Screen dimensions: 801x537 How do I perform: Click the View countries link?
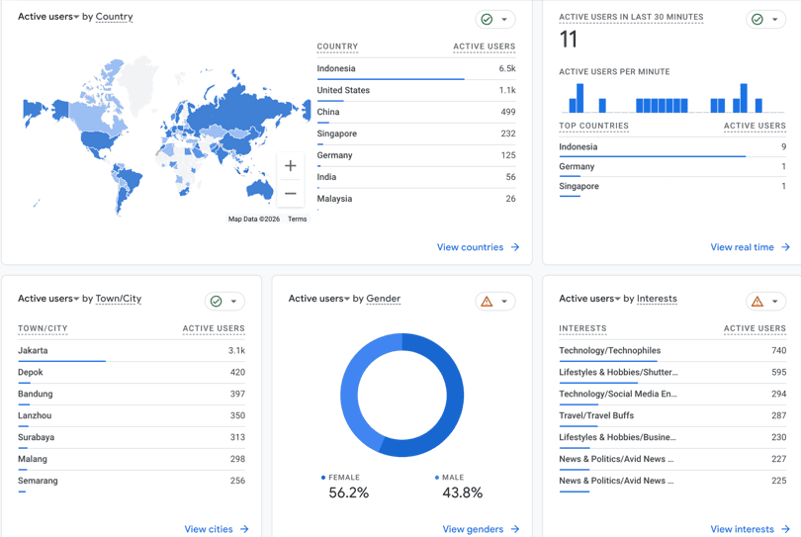coord(478,247)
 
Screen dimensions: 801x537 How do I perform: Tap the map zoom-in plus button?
coord(290,165)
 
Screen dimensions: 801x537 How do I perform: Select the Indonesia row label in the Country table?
coord(335,68)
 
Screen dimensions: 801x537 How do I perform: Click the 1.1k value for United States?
coord(507,90)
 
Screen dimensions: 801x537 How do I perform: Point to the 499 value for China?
coord(507,112)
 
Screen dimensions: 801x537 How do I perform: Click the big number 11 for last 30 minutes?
coord(568,40)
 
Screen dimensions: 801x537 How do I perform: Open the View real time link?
coord(750,247)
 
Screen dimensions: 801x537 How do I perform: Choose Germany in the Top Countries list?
coord(577,166)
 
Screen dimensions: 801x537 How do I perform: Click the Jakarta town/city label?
coord(33,350)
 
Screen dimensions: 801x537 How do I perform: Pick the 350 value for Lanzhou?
coord(237,415)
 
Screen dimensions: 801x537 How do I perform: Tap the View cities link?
coord(217,529)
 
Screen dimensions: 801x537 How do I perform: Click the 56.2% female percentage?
coord(348,492)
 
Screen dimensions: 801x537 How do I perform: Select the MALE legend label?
coord(453,478)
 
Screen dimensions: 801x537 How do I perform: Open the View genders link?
coord(481,529)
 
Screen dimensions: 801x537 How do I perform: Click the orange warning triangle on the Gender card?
coord(487,302)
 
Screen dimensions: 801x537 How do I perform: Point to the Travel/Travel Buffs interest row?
coord(596,415)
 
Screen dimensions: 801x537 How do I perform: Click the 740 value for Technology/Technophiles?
coord(778,350)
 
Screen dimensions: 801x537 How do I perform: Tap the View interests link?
coord(750,529)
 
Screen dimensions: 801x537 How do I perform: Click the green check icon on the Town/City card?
coord(217,302)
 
